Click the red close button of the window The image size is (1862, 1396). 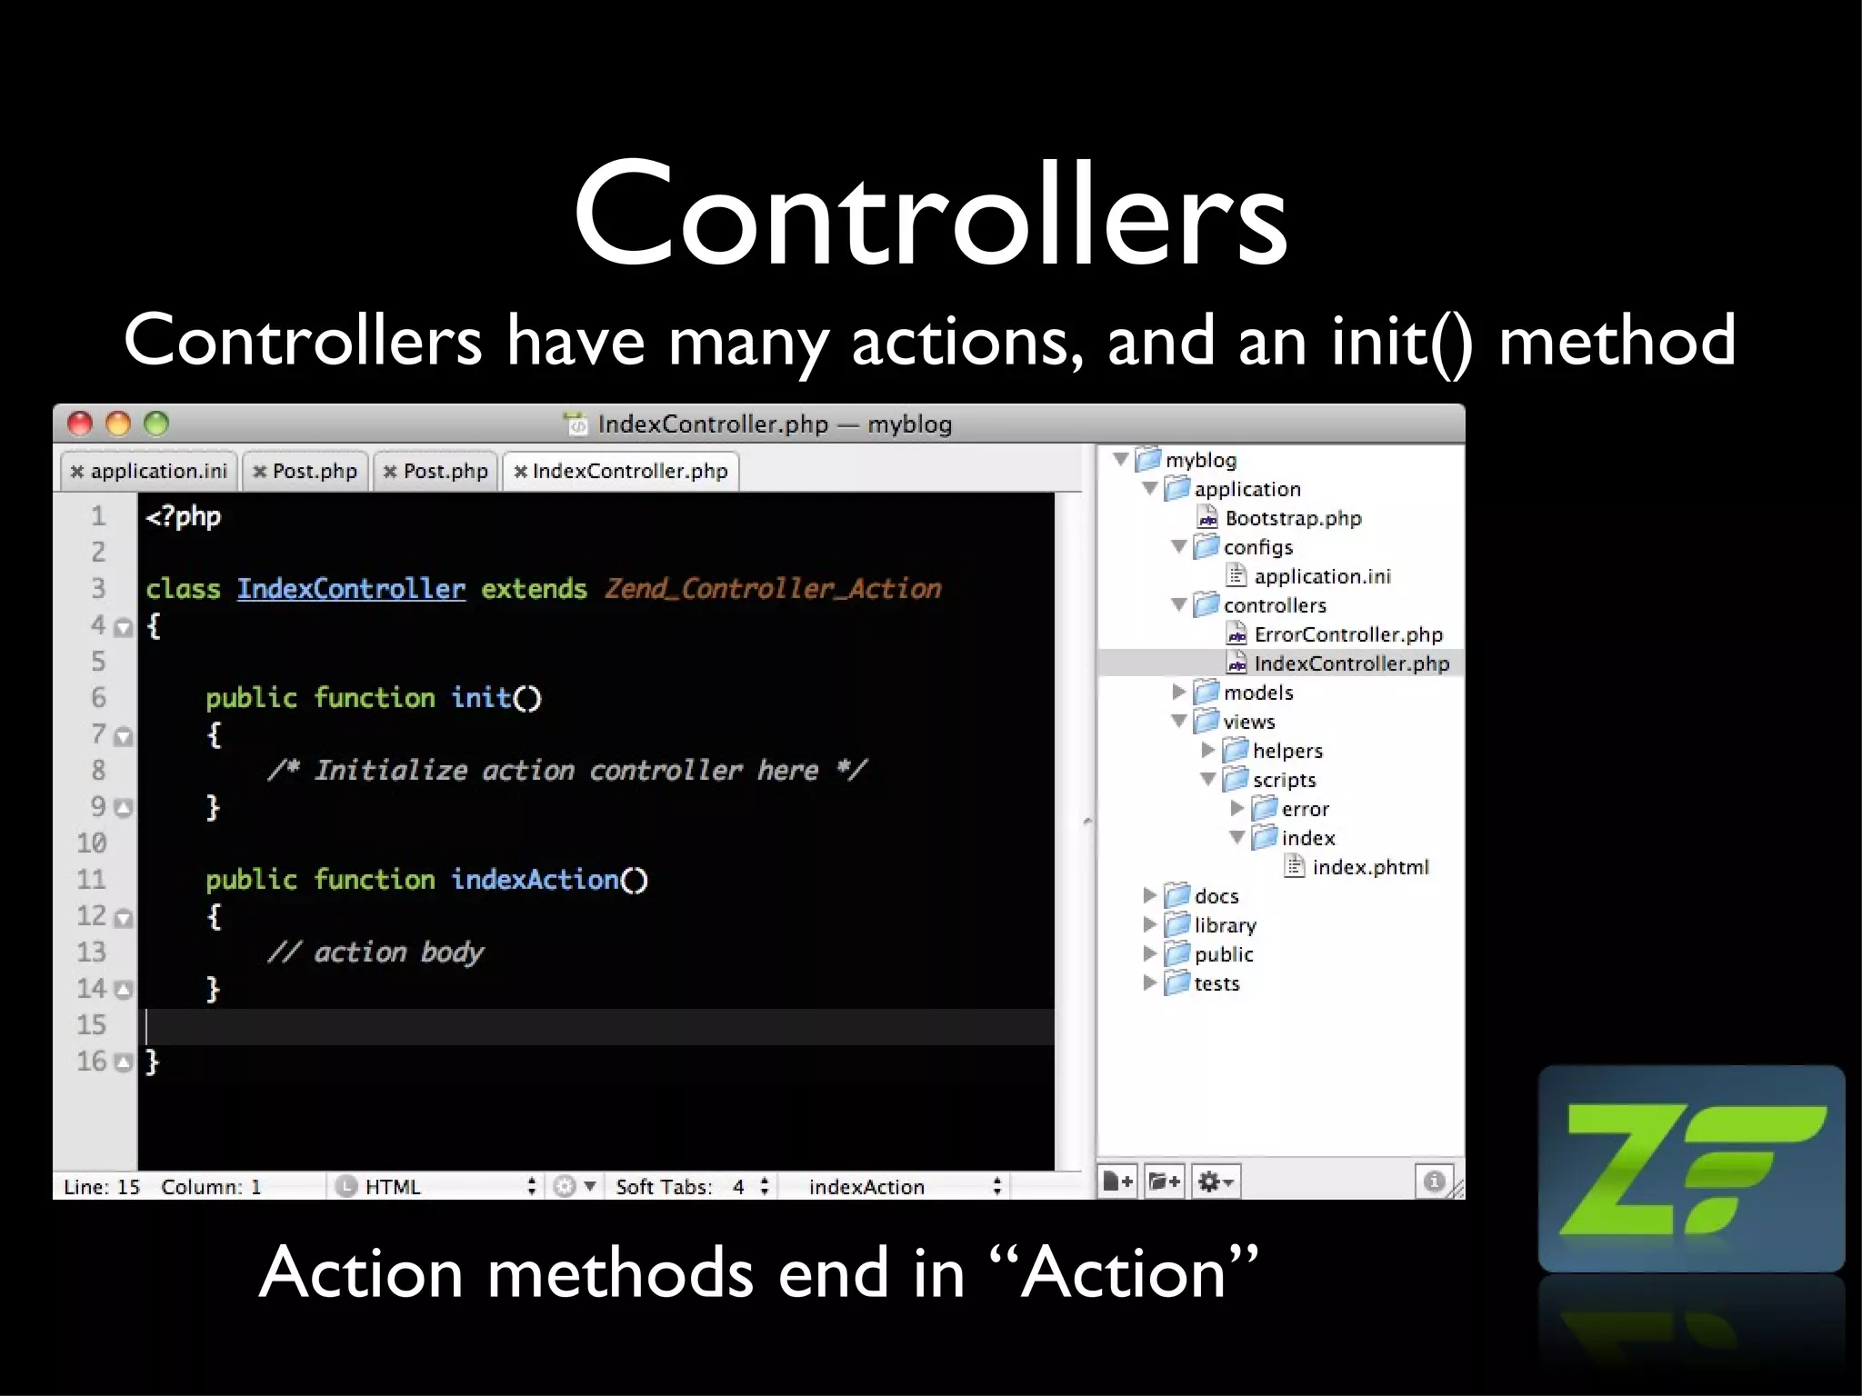click(x=80, y=424)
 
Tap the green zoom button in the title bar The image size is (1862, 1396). click(x=156, y=424)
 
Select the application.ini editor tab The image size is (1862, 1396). click(x=150, y=471)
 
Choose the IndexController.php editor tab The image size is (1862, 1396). click(x=622, y=471)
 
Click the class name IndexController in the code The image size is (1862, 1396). click(x=351, y=589)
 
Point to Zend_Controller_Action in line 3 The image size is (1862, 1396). click(x=773, y=589)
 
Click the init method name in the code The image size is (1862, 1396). click(x=482, y=698)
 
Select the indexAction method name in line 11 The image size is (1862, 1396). click(x=536, y=880)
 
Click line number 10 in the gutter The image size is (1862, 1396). click(x=92, y=843)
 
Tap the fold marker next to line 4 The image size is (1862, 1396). click(x=124, y=627)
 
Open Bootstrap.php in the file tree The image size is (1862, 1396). click(x=1292, y=518)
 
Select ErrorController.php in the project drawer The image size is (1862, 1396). click(x=1347, y=634)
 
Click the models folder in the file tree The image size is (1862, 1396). click(x=1257, y=693)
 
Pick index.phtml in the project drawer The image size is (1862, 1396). click(x=1369, y=867)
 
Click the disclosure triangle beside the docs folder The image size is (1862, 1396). click(x=1149, y=895)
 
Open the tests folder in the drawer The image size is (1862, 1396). click(x=1216, y=983)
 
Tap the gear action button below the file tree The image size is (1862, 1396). click(x=1215, y=1182)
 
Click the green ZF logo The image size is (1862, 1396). click(x=1691, y=1169)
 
